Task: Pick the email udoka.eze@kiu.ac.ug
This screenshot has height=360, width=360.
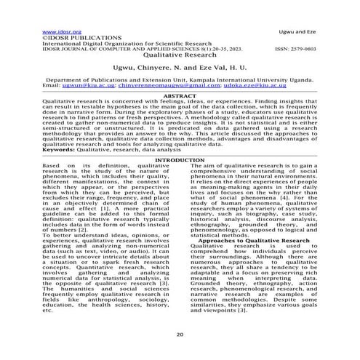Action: coord(247,85)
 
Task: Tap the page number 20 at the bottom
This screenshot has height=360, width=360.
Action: coord(180,334)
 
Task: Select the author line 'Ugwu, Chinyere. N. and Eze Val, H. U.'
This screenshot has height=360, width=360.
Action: coord(180,69)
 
